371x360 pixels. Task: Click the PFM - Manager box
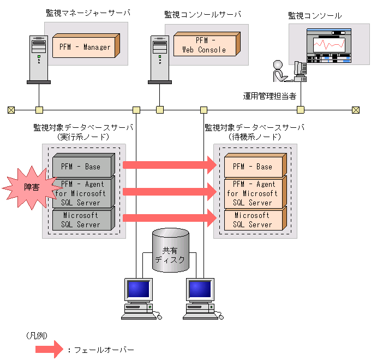(85, 47)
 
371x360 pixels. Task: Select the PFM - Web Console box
(205, 45)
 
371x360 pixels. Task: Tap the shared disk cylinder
(171, 251)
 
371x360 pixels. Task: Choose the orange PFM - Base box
(254, 166)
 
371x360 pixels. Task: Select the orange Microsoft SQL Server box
(254, 220)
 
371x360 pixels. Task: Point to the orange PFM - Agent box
(254, 193)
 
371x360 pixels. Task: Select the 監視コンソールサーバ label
(202, 14)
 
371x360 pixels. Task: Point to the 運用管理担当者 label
(270, 96)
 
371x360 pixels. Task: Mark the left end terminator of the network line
(11, 110)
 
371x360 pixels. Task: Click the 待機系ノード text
(254, 137)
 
